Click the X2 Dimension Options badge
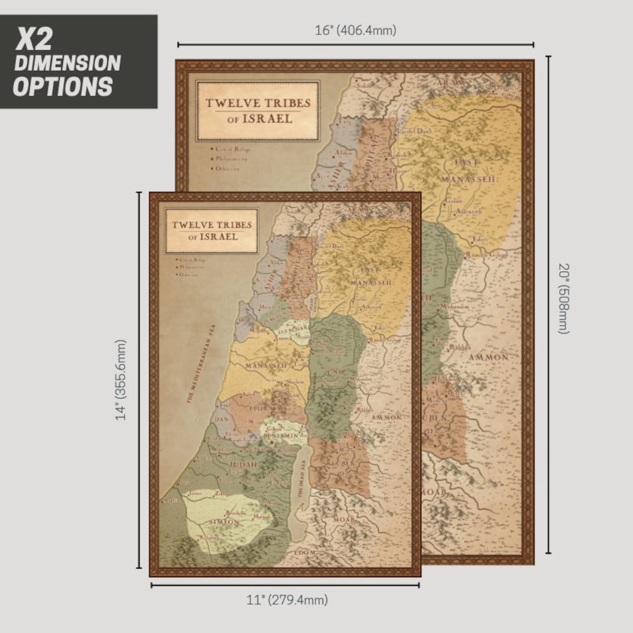pos(78,62)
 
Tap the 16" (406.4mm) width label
pos(355,31)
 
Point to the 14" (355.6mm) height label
pos(121,380)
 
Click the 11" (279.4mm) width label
pos(287,600)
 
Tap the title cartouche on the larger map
pos(258,110)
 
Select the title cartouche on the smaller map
pos(212,230)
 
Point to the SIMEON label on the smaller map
pos(224,522)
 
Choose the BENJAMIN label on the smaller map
pos(284,436)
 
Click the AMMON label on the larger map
pos(488,357)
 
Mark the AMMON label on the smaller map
pos(385,417)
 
